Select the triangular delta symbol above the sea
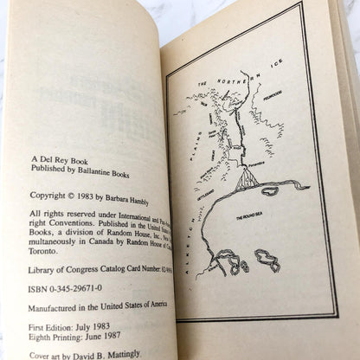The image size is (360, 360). tap(247, 179)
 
